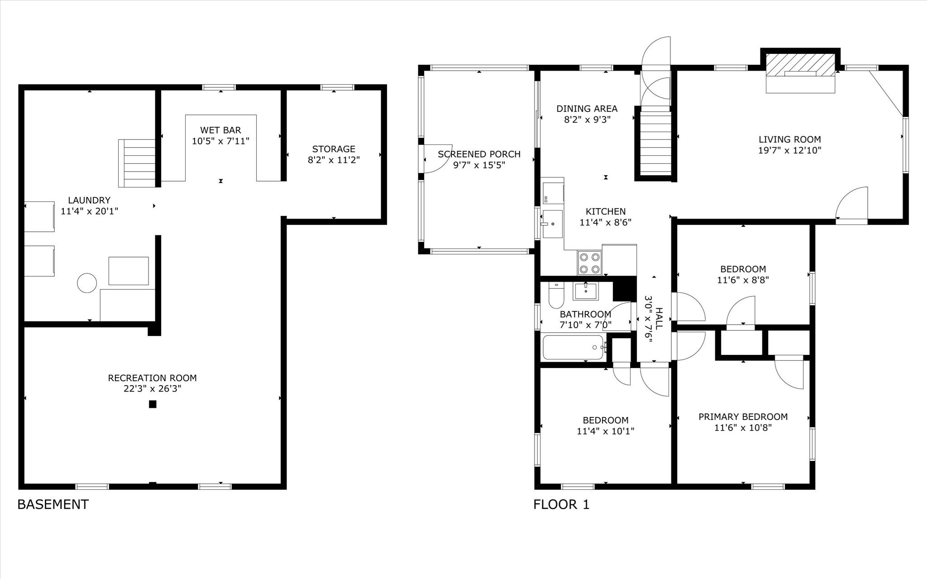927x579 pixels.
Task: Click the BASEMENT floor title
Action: (53, 504)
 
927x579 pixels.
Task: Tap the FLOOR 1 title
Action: (561, 504)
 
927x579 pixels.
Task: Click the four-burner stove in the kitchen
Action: (590, 263)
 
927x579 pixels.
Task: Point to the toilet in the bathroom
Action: (556, 295)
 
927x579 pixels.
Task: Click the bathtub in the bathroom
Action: (573, 347)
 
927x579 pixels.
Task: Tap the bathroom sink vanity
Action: (585, 291)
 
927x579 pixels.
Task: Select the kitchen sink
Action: (552, 224)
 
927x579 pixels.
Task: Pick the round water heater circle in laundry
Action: (87, 283)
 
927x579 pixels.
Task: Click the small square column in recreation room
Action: (153, 404)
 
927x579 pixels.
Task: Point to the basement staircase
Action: (137, 163)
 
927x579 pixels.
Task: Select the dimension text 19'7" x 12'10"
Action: (789, 150)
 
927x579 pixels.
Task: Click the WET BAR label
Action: (220, 130)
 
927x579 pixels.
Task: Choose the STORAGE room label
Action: (334, 149)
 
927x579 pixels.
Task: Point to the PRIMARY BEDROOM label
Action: (743, 416)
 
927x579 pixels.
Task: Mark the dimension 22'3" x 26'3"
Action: (152, 388)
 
